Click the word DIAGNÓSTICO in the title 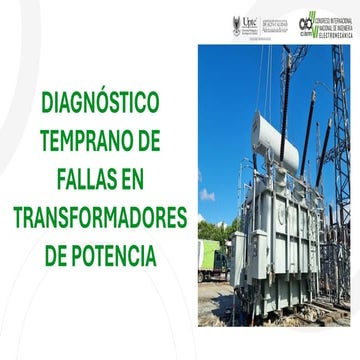tap(100, 102)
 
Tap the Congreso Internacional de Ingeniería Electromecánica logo tap(324, 24)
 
